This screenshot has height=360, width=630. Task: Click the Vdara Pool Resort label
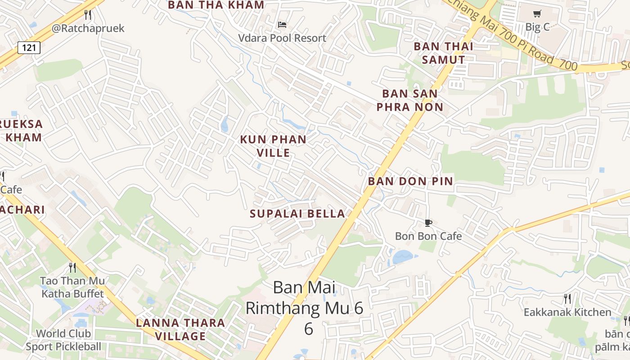(x=282, y=38)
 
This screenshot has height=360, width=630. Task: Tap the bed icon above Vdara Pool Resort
(x=282, y=24)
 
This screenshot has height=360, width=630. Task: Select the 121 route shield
(x=29, y=47)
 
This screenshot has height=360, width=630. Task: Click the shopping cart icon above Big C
(x=537, y=13)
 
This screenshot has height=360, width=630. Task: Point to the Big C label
(x=537, y=27)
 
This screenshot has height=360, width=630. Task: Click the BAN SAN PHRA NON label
(x=409, y=100)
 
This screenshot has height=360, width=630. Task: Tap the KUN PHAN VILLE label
(x=273, y=146)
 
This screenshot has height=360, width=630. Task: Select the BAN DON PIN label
(x=410, y=181)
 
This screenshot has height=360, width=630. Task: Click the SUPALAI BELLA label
(x=297, y=214)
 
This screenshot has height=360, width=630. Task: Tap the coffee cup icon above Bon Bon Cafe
(x=428, y=223)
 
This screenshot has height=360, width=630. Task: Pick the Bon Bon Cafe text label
(x=428, y=236)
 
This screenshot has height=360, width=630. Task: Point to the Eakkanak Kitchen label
(x=567, y=312)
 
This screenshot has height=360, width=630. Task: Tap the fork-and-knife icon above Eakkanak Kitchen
(x=567, y=298)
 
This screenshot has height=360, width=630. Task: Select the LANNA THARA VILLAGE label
(x=180, y=329)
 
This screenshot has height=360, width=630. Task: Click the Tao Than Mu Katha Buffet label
(x=72, y=287)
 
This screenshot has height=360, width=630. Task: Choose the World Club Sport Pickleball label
(x=63, y=340)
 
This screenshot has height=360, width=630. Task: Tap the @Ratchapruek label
(x=88, y=28)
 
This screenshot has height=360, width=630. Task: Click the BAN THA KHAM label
(x=216, y=5)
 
